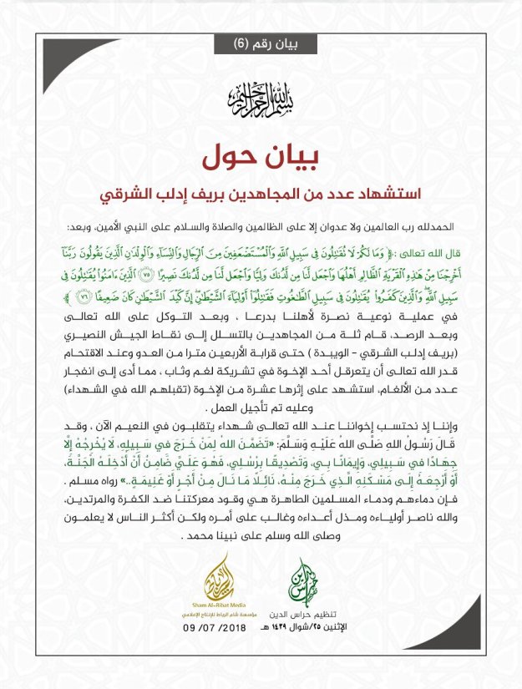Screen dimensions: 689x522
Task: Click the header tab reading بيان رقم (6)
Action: tap(260, 43)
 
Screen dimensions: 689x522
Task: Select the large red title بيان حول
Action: tap(260, 158)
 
